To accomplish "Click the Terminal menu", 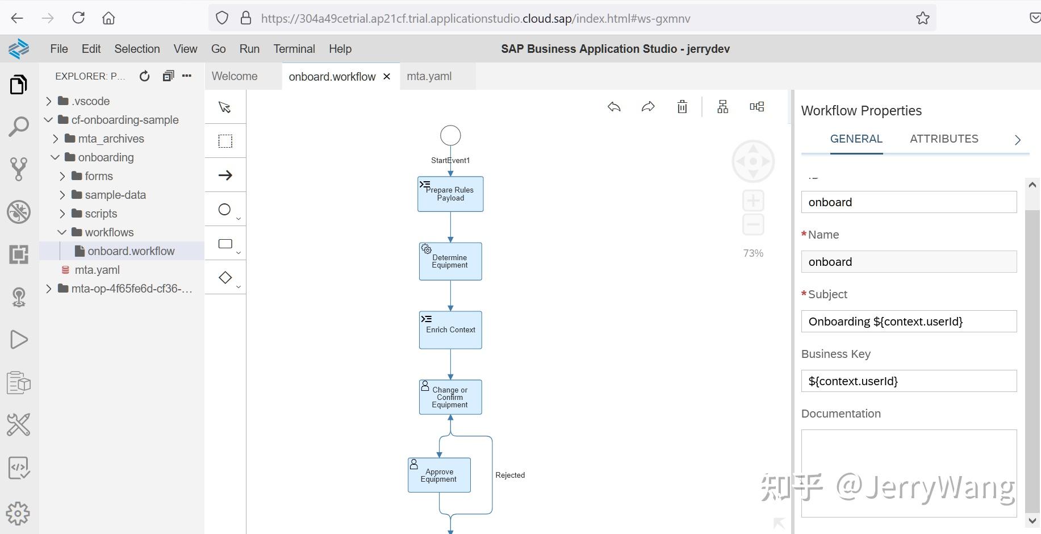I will [294, 49].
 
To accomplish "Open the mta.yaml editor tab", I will [429, 76].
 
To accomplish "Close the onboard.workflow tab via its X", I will [387, 77].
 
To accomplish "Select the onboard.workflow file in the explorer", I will [131, 251].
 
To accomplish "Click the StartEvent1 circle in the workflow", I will [450, 136].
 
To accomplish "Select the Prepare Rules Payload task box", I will [450, 194].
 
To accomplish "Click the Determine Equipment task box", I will [450, 261].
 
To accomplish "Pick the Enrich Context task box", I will [450, 330].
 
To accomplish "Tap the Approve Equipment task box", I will [439, 475].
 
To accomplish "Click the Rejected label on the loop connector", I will [510, 475].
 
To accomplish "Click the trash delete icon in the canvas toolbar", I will [682, 107].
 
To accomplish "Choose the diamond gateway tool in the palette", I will [225, 278].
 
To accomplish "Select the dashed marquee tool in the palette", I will [225, 141].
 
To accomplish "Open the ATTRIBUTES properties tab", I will [944, 139].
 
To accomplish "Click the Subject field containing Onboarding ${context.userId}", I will [909, 322].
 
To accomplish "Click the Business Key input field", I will [909, 381].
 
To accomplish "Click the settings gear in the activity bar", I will [18, 514].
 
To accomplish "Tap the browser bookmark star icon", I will [922, 18].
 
